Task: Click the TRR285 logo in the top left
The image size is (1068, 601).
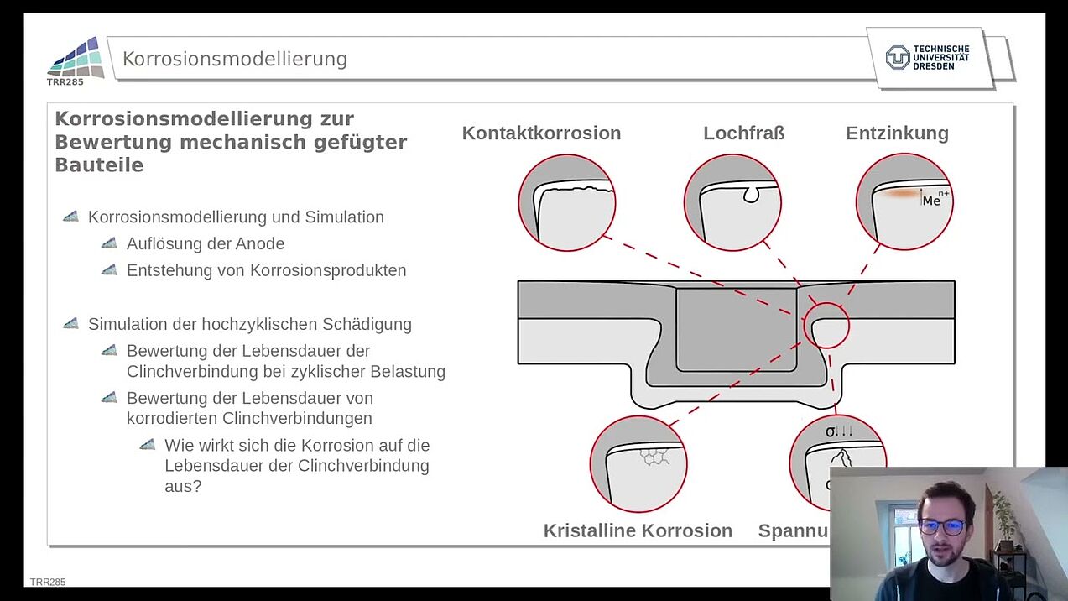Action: pos(76,60)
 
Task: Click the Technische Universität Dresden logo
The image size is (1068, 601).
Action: pos(928,57)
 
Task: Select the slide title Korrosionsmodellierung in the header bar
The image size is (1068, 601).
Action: pos(235,59)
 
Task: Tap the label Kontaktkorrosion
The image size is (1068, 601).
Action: pos(541,133)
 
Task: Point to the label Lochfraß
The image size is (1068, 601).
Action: pos(743,133)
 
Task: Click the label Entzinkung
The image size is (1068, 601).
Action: pos(897,133)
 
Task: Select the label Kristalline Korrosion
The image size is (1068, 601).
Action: pos(638,530)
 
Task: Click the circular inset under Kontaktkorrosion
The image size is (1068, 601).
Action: pos(567,202)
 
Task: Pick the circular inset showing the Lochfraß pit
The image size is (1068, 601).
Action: pos(732,202)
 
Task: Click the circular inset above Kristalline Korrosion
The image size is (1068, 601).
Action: pos(638,463)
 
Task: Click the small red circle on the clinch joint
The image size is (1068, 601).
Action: pos(826,326)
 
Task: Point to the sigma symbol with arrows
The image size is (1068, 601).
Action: pos(839,431)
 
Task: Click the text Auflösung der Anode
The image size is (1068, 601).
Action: pos(206,244)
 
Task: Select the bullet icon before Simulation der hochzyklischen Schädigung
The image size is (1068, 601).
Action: pos(71,324)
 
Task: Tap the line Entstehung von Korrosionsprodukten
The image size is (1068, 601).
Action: pos(266,271)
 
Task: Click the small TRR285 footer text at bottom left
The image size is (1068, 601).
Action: pos(48,582)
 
